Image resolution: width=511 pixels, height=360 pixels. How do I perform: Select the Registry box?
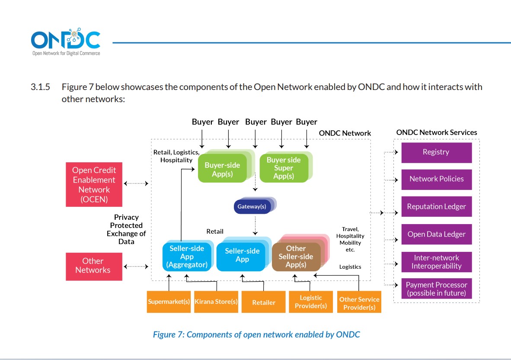(x=436, y=152)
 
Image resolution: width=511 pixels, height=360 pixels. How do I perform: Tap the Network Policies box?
(x=436, y=179)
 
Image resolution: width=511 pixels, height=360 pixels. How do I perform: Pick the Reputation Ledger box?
(x=436, y=207)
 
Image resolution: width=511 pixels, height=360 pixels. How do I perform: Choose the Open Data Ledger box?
(x=436, y=235)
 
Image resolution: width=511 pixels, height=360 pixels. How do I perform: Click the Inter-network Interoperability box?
(x=436, y=262)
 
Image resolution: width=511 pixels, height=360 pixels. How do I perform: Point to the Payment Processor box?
(x=436, y=289)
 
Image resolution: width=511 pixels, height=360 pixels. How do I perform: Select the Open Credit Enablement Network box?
(x=94, y=185)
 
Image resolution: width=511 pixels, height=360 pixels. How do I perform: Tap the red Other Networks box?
(x=94, y=266)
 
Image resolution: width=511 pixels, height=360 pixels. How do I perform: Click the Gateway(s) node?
(x=252, y=206)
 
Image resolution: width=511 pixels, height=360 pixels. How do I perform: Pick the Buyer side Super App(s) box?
(x=283, y=168)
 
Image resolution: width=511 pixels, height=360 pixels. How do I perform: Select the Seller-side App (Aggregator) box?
(x=187, y=256)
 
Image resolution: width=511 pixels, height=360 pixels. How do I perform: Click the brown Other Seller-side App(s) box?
(x=296, y=256)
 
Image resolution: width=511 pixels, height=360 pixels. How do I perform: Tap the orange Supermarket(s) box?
(x=169, y=302)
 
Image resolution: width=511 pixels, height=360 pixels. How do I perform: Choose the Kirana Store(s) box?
(x=216, y=302)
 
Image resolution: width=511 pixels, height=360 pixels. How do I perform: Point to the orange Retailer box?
(x=263, y=302)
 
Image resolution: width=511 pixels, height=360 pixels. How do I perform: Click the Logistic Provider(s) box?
(x=310, y=302)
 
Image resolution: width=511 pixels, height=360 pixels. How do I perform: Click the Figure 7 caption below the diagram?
(x=256, y=334)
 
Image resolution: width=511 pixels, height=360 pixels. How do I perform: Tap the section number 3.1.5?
(x=40, y=87)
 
